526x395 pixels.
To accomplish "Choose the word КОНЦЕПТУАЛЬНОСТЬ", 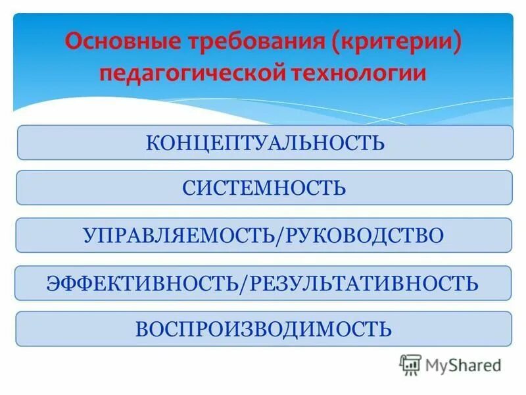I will pyautogui.click(x=264, y=143).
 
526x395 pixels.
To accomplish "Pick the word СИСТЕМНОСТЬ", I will pyautogui.click(x=264, y=188).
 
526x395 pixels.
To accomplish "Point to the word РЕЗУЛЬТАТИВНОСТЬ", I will pyautogui.click(x=363, y=283).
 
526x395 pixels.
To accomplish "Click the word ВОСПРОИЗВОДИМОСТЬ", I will pyautogui.click(x=264, y=329).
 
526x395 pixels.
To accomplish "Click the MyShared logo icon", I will pyautogui.click(x=410, y=364).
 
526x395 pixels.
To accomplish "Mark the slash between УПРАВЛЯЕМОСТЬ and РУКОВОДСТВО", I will pyautogui.click(x=282, y=236).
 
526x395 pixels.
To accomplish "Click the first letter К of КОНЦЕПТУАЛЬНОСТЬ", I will pyautogui.click(x=152, y=143).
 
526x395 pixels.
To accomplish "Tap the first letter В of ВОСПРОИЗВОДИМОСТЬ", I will pyautogui.click(x=142, y=329).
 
